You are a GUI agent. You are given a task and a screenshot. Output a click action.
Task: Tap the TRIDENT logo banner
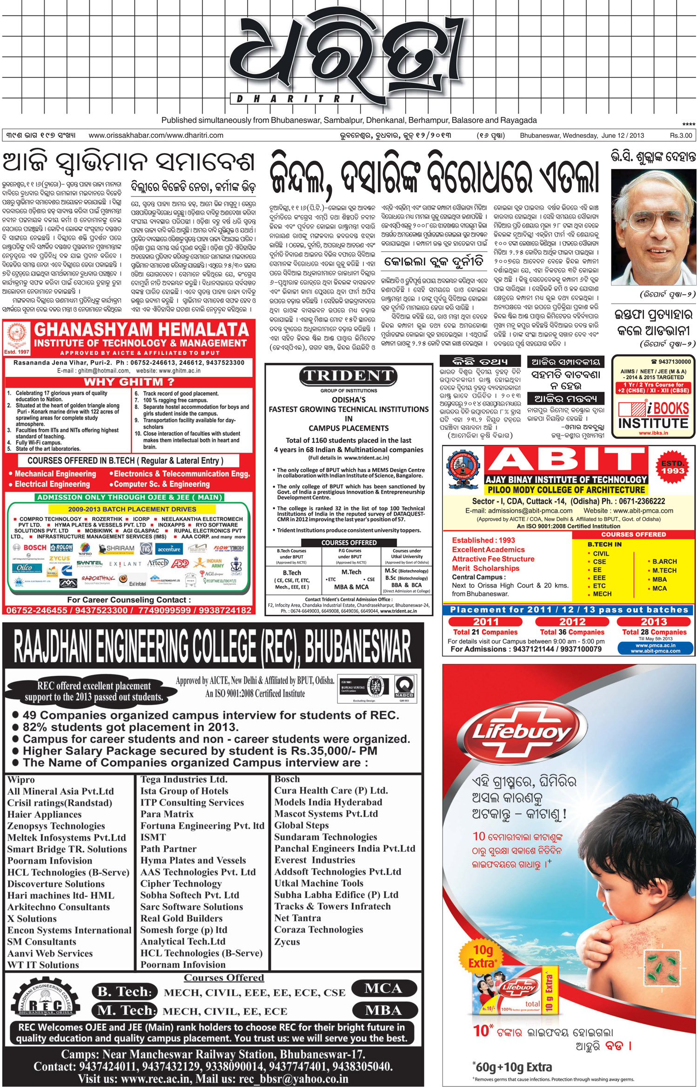click(348, 376)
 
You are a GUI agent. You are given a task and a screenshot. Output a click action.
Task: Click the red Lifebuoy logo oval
click(522, 732)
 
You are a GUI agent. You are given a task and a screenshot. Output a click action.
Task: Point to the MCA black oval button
click(383, 989)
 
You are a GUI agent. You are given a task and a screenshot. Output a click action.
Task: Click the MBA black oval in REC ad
click(383, 1011)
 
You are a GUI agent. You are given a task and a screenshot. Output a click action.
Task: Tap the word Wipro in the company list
click(21, 780)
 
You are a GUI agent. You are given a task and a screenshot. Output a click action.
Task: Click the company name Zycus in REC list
click(287, 941)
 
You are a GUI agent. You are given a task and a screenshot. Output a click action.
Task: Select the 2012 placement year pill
click(572, 622)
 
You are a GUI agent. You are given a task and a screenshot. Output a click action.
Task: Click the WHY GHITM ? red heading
click(129, 382)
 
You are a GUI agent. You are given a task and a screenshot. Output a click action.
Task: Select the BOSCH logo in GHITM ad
click(31, 548)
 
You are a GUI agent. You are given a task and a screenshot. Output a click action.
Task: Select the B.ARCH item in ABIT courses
click(664, 562)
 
